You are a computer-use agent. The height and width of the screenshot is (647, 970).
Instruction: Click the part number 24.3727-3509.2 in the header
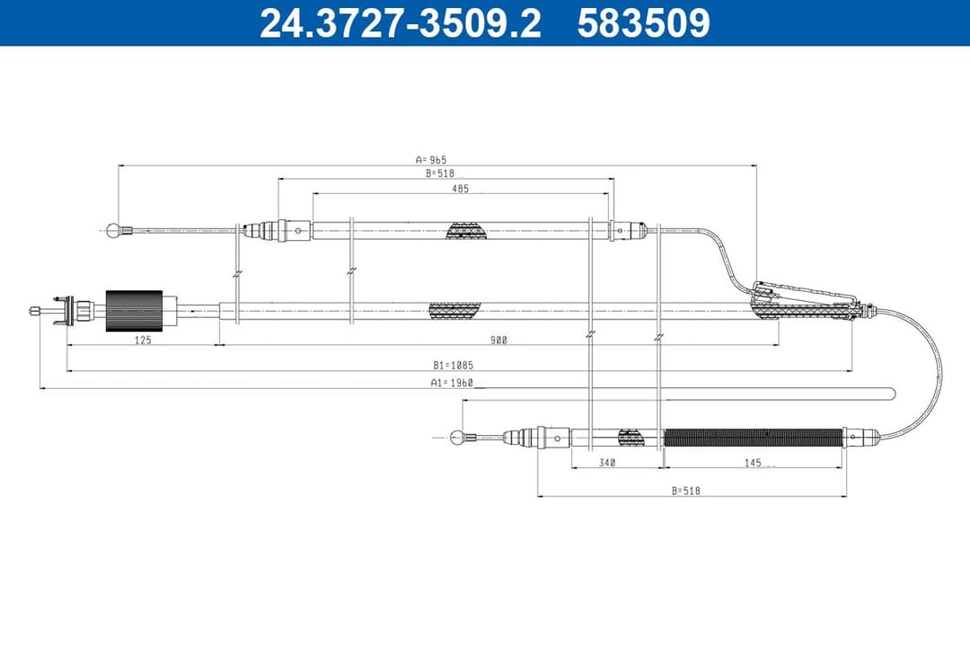coord(400,23)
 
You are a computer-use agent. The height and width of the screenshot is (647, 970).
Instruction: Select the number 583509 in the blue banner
coord(643,23)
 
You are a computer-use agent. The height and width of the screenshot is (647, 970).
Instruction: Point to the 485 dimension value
coord(460,189)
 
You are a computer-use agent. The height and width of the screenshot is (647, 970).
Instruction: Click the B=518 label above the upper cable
coord(442,173)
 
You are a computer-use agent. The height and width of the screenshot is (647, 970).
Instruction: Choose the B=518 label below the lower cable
coord(684,491)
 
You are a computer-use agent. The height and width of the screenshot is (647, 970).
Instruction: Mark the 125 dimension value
coord(143,341)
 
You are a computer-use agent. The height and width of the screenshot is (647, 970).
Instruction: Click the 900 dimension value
coord(498,341)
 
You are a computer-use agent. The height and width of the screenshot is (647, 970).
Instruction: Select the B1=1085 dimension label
coord(453,366)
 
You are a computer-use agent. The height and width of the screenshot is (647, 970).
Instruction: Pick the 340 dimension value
coord(607,463)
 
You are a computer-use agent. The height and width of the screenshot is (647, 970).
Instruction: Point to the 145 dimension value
coord(752,463)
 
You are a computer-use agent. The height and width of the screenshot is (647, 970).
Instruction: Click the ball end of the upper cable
coord(113,230)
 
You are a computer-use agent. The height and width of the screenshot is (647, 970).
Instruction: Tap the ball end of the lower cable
coord(458,438)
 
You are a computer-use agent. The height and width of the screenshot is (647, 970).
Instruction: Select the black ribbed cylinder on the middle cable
coord(134,311)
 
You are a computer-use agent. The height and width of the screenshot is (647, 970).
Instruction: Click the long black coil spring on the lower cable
coord(753,438)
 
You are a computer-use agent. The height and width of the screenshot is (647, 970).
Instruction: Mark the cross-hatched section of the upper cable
coord(468,231)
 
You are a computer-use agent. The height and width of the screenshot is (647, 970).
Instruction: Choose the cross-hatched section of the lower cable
coord(631,438)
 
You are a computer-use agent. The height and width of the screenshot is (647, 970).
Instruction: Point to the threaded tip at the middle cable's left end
coord(35,311)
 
